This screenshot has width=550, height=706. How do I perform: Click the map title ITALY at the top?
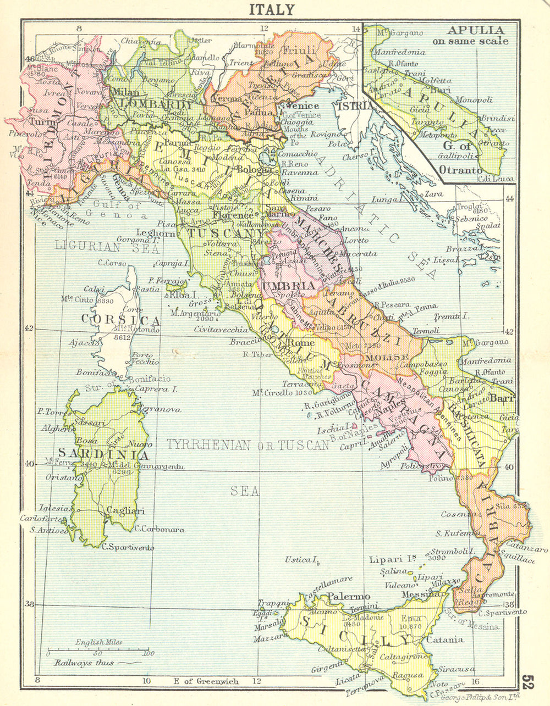272,9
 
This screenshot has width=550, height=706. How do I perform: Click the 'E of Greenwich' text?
206,681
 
